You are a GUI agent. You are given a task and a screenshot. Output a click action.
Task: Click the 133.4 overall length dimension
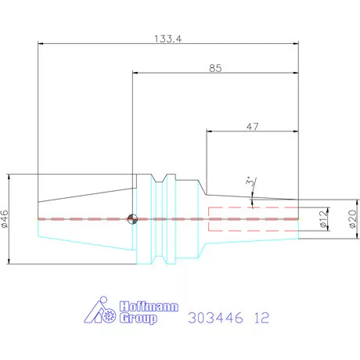(168, 39)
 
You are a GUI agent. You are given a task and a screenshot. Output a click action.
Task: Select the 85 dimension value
(215, 68)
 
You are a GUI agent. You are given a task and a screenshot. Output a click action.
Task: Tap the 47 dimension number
(253, 127)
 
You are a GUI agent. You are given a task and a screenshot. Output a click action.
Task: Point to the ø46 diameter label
(5, 219)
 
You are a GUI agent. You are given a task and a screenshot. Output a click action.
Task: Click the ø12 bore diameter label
(323, 219)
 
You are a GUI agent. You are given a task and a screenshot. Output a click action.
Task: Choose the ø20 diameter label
(353, 219)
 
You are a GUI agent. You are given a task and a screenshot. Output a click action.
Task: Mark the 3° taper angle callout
(250, 182)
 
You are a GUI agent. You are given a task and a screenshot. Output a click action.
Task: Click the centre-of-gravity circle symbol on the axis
(132, 218)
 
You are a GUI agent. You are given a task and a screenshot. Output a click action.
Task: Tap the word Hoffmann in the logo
(149, 307)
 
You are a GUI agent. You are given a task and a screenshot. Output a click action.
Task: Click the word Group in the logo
(139, 319)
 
